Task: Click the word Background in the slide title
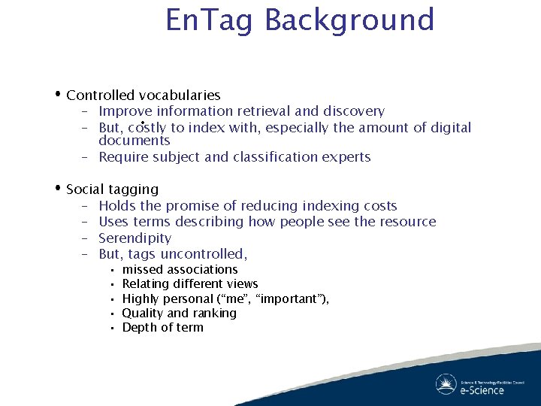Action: [x=349, y=20]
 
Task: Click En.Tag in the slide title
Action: [x=210, y=20]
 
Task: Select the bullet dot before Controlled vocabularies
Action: [x=58, y=94]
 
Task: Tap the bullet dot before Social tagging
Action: [x=58, y=188]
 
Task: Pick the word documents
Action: [x=134, y=141]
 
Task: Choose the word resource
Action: [x=406, y=222]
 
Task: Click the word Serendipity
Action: [x=134, y=238]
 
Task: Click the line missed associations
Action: [x=180, y=269]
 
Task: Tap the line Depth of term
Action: [x=162, y=327]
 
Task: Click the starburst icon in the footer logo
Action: [x=446, y=383]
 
